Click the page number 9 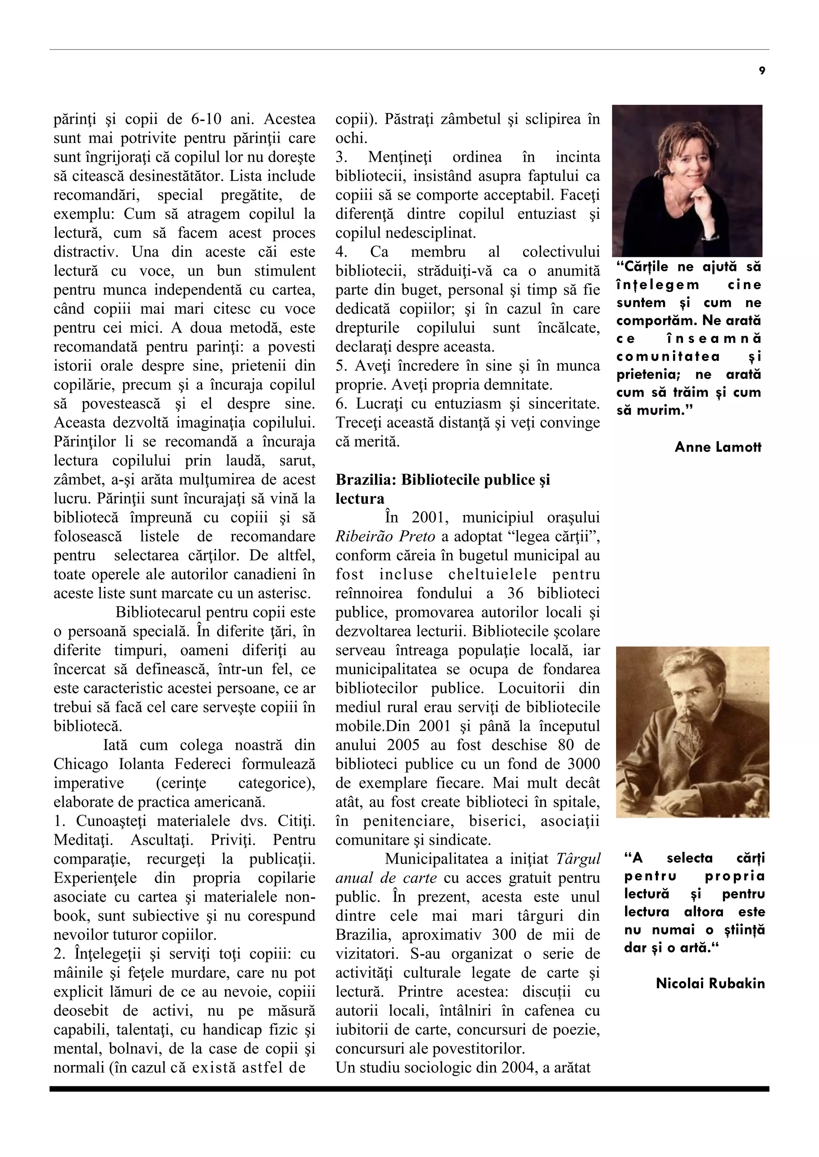(x=761, y=71)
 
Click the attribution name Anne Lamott (x=718, y=447)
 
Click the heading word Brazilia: (x=366, y=480)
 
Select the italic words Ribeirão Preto (x=385, y=537)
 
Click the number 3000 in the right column (x=583, y=764)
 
